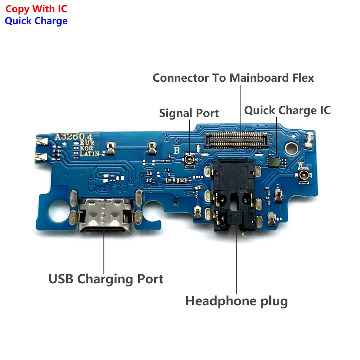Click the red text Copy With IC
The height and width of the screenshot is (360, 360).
coord(36,9)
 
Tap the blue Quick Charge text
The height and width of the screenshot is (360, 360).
coord(36,21)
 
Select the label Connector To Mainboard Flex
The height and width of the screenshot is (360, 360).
coord(233,78)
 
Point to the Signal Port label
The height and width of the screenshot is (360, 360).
coord(189,113)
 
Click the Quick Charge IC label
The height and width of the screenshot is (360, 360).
coord(287,110)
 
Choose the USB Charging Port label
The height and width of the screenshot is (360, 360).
coord(106,279)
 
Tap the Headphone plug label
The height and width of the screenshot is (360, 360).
coord(237,301)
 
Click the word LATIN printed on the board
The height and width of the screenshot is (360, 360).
coord(89,154)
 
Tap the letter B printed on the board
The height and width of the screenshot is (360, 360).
coord(176,150)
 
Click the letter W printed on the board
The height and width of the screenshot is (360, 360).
coord(300,165)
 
